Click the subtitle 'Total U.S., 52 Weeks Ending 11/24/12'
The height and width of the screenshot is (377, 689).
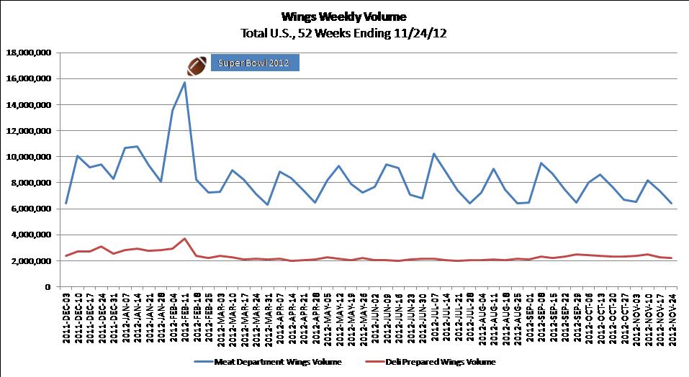[x=344, y=32]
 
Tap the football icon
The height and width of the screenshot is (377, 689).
[x=197, y=65]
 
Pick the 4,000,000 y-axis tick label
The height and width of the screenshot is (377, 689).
[x=30, y=235]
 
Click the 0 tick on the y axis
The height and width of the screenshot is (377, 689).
[x=47, y=286]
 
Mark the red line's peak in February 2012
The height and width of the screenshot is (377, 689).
[x=184, y=238]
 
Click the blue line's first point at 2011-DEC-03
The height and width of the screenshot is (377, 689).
[x=66, y=203]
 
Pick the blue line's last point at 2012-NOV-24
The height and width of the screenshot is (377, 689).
[x=672, y=203]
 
